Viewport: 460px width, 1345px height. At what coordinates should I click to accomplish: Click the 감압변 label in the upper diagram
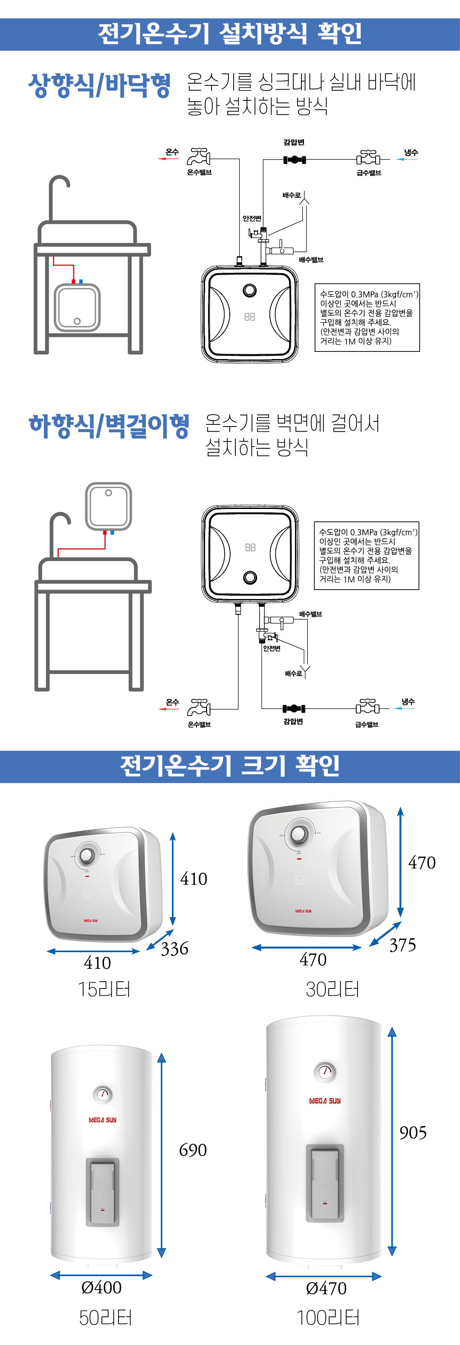coord(294,142)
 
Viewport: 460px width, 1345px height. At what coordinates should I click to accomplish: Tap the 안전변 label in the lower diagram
coord(272,648)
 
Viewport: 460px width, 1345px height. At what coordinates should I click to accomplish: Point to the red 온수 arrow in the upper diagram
coord(168,159)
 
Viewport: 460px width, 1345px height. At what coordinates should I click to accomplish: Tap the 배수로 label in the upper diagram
coord(292,195)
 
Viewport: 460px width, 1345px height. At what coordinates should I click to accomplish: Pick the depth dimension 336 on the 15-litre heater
coord(174,948)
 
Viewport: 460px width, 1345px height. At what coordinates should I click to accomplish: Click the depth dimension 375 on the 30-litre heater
coord(402,944)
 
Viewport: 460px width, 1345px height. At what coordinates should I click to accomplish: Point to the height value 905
coord(413,1132)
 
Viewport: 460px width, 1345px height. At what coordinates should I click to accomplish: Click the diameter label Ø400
coord(101,1287)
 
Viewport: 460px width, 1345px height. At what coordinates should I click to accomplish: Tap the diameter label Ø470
coord(326,1288)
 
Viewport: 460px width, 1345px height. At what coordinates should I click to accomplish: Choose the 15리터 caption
coord(104,989)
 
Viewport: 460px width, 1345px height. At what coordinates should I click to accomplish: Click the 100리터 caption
coord(328,1317)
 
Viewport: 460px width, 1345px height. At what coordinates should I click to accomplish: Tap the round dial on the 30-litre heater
coord(299,834)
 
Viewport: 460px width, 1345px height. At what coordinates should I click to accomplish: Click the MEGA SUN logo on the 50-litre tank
coord(102,1120)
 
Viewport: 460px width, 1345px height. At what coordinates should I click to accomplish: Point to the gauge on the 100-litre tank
coord(325,1071)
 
